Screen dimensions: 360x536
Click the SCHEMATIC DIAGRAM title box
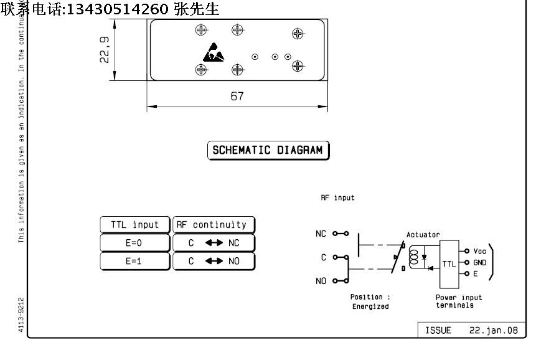[x=268, y=150]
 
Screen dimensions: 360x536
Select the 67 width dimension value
[x=237, y=97]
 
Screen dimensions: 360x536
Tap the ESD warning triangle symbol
[x=213, y=53]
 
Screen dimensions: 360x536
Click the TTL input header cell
[x=134, y=225]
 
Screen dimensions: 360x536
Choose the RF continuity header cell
[x=214, y=225]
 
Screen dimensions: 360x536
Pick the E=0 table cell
[x=134, y=243]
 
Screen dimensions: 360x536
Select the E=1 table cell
[x=134, y=261]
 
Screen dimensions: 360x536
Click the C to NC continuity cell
[x=214, y=243]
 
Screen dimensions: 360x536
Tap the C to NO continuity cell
[x=214, y=261]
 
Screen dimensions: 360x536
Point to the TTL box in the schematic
[x=449, y=263]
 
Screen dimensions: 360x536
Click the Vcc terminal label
[x=480, y=252]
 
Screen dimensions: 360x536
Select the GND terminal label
[x=480, y=263]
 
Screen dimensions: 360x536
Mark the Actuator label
[x=423, y=235]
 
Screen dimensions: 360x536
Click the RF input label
[x=337, y=198]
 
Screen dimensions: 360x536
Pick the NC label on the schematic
[x=321, y=234]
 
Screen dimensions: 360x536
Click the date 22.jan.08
[x=494, y=330]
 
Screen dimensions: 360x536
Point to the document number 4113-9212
[x=21, y=315]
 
